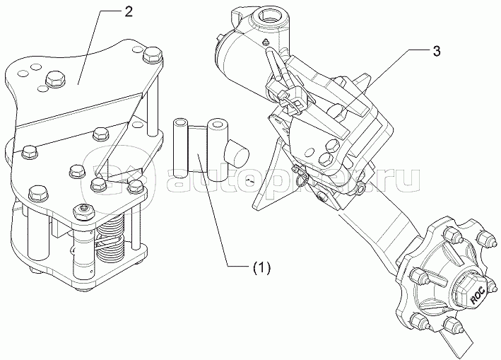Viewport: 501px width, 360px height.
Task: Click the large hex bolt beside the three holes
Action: tap(53, 80)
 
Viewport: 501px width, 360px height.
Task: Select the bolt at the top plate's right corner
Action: tap(151, 55)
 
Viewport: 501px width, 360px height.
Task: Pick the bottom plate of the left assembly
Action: tap(106, 269)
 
